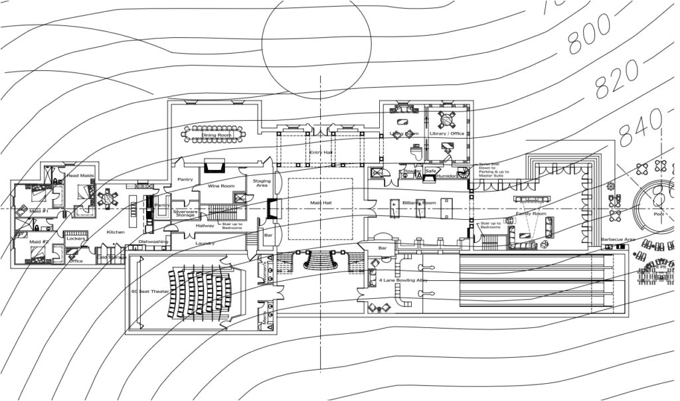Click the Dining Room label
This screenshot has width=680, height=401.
click(217, 135)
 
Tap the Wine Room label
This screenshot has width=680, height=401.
click(223, 186)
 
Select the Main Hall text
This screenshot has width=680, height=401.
click(320, 202)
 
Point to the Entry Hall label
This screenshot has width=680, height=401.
click(320, 153)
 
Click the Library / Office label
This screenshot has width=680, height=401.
click(447, 133)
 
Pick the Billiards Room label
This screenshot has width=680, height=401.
click(419, 202)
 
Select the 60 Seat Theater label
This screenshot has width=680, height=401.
click(150, 291)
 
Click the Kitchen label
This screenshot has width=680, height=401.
click(116, 232)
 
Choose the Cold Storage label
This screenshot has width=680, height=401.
click(112, 257)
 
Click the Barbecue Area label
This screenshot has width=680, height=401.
click(618, 239)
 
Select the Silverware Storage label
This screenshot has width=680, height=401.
click(184, 213)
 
